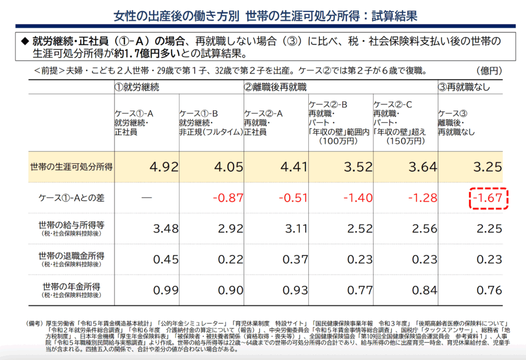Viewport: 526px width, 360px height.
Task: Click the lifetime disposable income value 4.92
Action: (x=163, y=167)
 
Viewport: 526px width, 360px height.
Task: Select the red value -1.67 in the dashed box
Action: (x=489, y=198)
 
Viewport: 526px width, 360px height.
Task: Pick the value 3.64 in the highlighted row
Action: (x=422, y=167)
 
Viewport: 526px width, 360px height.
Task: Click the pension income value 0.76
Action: (x=489, y=290)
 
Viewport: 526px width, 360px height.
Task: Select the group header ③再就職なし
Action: (x=464, y=87)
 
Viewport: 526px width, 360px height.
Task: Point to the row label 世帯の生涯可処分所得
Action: (x=71, y=167)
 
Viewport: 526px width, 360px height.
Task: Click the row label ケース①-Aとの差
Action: (x=71, y=198)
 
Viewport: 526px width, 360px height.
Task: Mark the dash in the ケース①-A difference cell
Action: (x=147, y=198)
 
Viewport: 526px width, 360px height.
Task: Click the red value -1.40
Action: (x=357, y=198)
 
